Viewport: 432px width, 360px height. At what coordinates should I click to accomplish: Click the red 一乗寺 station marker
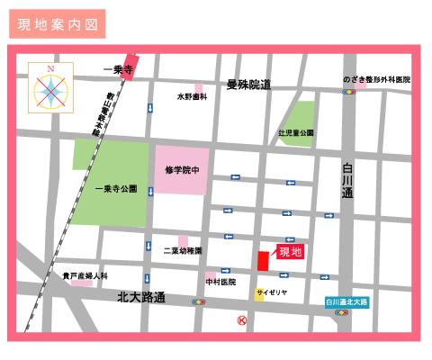point(132,67)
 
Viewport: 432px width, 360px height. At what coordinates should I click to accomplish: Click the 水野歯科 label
point(192,95)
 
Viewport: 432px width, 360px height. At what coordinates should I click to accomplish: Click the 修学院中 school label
point(181,168)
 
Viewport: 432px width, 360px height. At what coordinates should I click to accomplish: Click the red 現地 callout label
point(291,251)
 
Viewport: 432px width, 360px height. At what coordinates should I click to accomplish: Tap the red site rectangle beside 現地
point(263,260)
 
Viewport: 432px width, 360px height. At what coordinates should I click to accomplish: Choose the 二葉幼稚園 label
point(183,250)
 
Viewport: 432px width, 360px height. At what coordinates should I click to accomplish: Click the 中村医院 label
point(220,282)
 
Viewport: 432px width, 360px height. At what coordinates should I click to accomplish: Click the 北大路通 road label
point(142,296)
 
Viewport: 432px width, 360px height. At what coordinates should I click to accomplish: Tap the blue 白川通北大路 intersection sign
point(352,303)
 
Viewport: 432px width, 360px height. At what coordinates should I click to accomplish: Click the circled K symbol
point(241,320)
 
